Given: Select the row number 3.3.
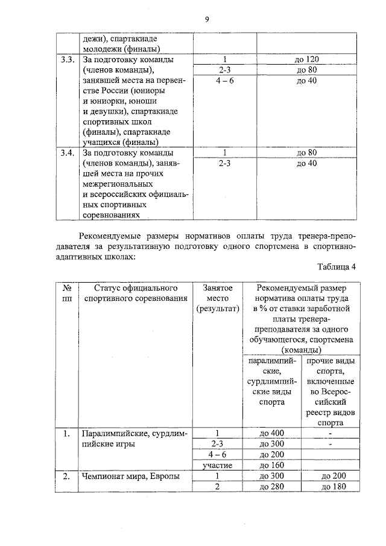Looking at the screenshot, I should (x=67, y=60).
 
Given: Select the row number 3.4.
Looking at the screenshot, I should (x=67, y=152).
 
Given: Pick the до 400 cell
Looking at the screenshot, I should (x=271, y=433).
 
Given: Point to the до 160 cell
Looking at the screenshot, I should (x=271, y=465).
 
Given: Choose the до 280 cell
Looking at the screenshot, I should (x=271, y=487).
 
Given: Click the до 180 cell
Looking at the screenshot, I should (x=334, y=487).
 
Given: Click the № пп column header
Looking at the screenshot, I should (x=66, y=293).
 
